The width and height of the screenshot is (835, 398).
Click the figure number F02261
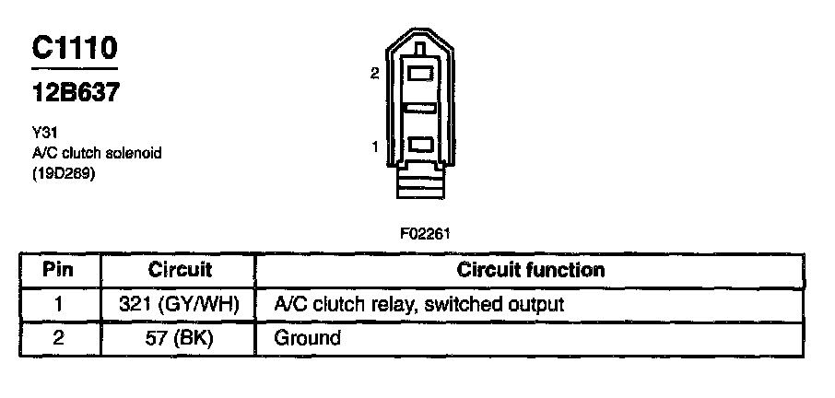click(x=425, y=233)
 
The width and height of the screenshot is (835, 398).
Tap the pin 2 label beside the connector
click(x=374, y=75)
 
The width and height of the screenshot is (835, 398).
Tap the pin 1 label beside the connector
click(x=375, y=146)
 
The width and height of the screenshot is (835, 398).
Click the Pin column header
click(x=58, y=270)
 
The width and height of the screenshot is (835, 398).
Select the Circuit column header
click(x=180, y=270)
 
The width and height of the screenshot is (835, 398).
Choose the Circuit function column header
click(x=531, y=270)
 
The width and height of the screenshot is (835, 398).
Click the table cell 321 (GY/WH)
click(x=180, y=304)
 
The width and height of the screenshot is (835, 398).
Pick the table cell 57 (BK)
click(x=180, y=338)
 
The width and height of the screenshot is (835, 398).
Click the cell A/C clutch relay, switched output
click(x=419, y=304)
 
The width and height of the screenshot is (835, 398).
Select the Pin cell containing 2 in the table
click(x=58, y=338)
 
